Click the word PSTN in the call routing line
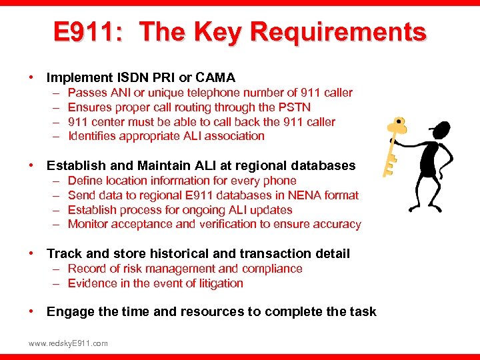click(294, 107)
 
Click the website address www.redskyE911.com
click(68, 343)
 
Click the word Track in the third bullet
click(65, 253)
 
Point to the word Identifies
click(94, 136)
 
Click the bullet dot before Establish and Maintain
click(31, 165)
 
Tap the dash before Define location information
click(54, 181)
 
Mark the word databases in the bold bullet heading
click(326, 165)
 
